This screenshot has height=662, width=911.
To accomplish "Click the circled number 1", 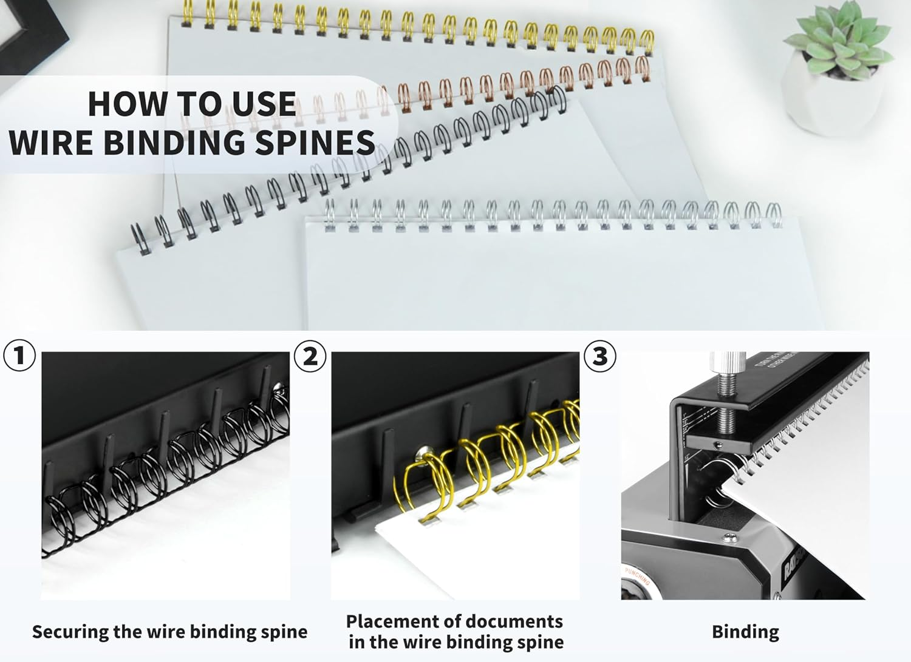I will [x=19, y=356].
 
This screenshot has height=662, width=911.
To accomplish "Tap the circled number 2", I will [x=310, y=356].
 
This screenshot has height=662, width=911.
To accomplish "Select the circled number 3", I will [x=599, y=356].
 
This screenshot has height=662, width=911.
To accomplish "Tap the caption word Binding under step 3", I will [x=745, y=632].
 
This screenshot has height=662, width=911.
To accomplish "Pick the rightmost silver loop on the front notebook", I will [x=773, y=214].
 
